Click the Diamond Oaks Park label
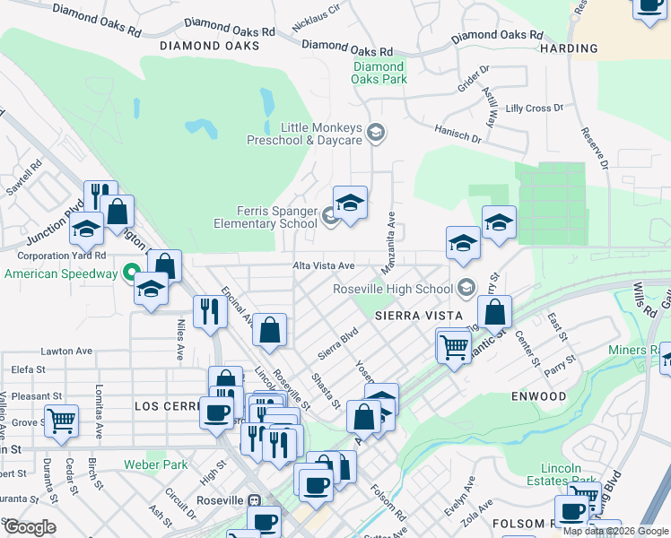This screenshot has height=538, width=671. pyautogui.click(x=379, y=73)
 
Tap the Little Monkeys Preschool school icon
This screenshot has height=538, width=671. pyautogui.click(x=376, y=134)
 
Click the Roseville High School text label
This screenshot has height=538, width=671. pyautogui.click(x=392, y=289)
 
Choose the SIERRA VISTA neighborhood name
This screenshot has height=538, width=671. pyautogui.click(x=419, y=316)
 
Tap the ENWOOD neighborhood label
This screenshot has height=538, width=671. pyautogui.click(x=541, y=395)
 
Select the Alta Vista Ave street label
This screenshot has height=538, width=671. pyautogui.click(x=324, y=266)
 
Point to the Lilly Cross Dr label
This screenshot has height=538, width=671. pyautogui.click(x=534, y=108)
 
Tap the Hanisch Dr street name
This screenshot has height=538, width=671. pyautogui.click(x=458, y=137)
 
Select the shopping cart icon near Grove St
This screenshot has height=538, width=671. pyautogui.click(x=62, y=419)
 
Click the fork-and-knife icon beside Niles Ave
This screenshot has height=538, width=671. pyautogui.click(x=209, y=311)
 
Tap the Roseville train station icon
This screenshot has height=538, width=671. pyautogui.click(x=255, y=499)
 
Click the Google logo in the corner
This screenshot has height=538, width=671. pyautogui.click(x=29, y=526)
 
